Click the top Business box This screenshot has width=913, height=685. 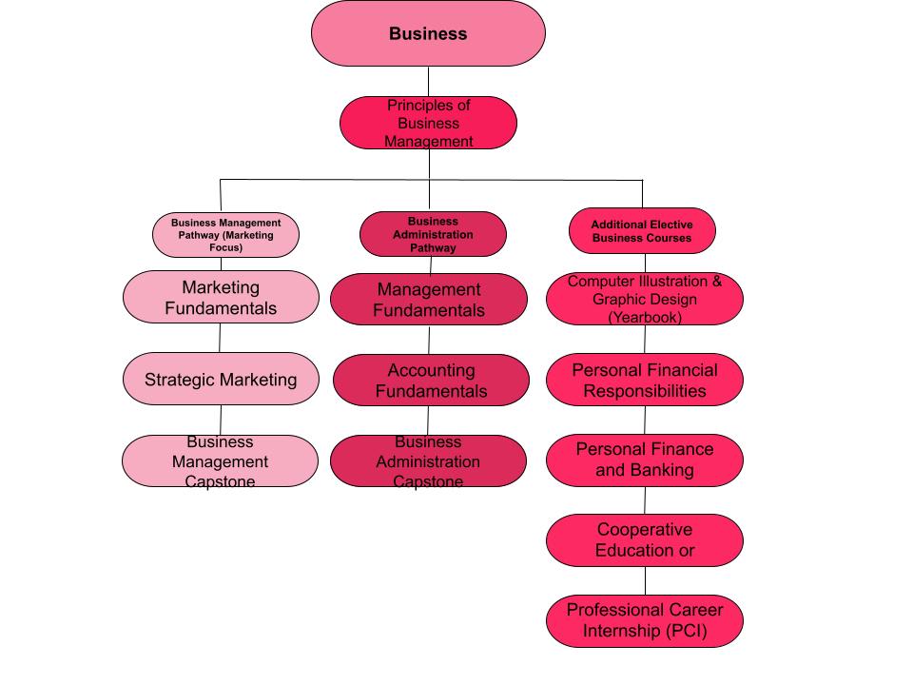[x=428, y=33]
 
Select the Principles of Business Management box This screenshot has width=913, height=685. [x=428, y=123]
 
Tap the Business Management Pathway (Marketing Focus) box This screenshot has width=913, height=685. [x=225, y=234]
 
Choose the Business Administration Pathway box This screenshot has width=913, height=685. [x=433, y=234]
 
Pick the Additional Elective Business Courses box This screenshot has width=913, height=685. [x=642, y=231]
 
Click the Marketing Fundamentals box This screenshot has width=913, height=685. [x=221, y=297]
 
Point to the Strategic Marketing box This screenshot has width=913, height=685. [x=221, y=380]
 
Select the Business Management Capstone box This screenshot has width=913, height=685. [x=220, y=461]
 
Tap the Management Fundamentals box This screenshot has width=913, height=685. [x=429, y=300]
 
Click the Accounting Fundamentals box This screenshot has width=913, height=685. [x=429, y=381]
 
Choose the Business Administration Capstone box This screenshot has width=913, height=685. [x=428, y=461]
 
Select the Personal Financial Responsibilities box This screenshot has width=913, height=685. [x=645, y=380]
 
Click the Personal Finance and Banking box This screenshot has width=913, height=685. [x=645, y=460]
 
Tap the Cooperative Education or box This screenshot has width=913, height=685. [x=645, y=540]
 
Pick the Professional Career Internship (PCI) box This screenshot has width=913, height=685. [x=645, y=620]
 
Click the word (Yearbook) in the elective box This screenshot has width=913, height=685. [x=645, y=318]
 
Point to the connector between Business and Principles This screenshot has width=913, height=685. [x=428, y=81]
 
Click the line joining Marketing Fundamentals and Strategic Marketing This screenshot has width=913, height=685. [x=221, y=337]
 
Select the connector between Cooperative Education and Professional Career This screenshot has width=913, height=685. [x=645, y=580]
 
